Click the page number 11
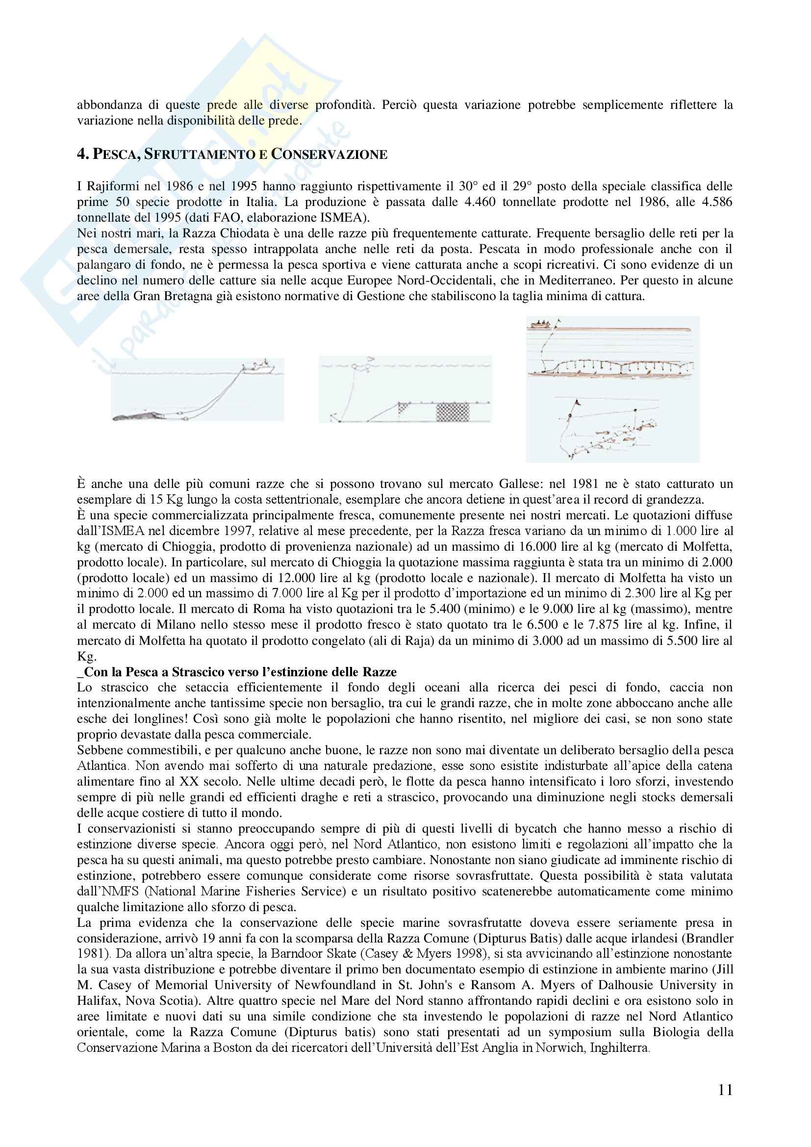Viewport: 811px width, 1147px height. click(x=726, y=1090)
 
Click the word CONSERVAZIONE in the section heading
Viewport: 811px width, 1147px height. click(x=329, y=154)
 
